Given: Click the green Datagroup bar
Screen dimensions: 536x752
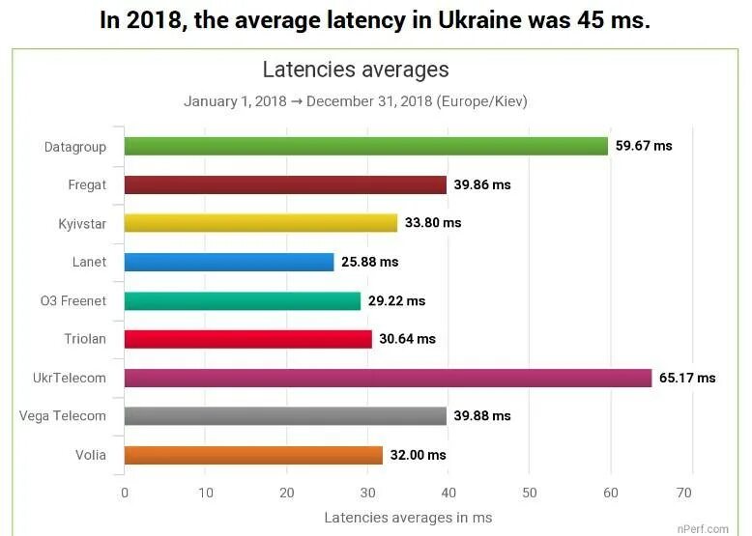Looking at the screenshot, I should (x=365, y=147).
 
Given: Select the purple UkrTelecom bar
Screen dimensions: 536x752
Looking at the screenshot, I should (x=388, y=378).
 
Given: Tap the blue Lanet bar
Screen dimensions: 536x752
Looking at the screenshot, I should (x=229, y=262).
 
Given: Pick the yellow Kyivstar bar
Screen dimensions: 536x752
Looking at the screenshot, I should (x=261, y=223).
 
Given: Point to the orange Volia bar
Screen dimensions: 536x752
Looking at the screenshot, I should (x=253, y=455).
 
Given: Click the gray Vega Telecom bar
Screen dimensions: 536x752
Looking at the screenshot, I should (x=285, y=416).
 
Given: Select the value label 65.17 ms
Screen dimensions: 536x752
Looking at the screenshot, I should (x=687, y=378).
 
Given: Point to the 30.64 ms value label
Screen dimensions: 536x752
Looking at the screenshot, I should (x=407, y=339).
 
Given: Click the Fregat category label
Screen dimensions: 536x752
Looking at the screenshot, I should (x=87, y=185).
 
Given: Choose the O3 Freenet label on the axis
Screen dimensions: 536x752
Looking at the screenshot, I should (x=73, y=300).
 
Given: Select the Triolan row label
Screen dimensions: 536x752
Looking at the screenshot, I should (x=85, y=339).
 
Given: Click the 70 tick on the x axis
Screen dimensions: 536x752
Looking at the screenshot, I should (x=684, y=494).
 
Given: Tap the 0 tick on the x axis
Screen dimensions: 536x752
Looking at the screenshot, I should (x=125, y=494).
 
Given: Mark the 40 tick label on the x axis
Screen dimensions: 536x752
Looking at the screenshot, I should (x=447, y=494).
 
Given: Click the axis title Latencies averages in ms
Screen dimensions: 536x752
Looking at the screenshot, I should (x=408, y=518).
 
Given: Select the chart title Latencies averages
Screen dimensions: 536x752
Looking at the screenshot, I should (x=356, y=70).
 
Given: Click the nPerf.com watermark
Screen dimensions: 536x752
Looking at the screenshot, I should (x=703, y=528).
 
